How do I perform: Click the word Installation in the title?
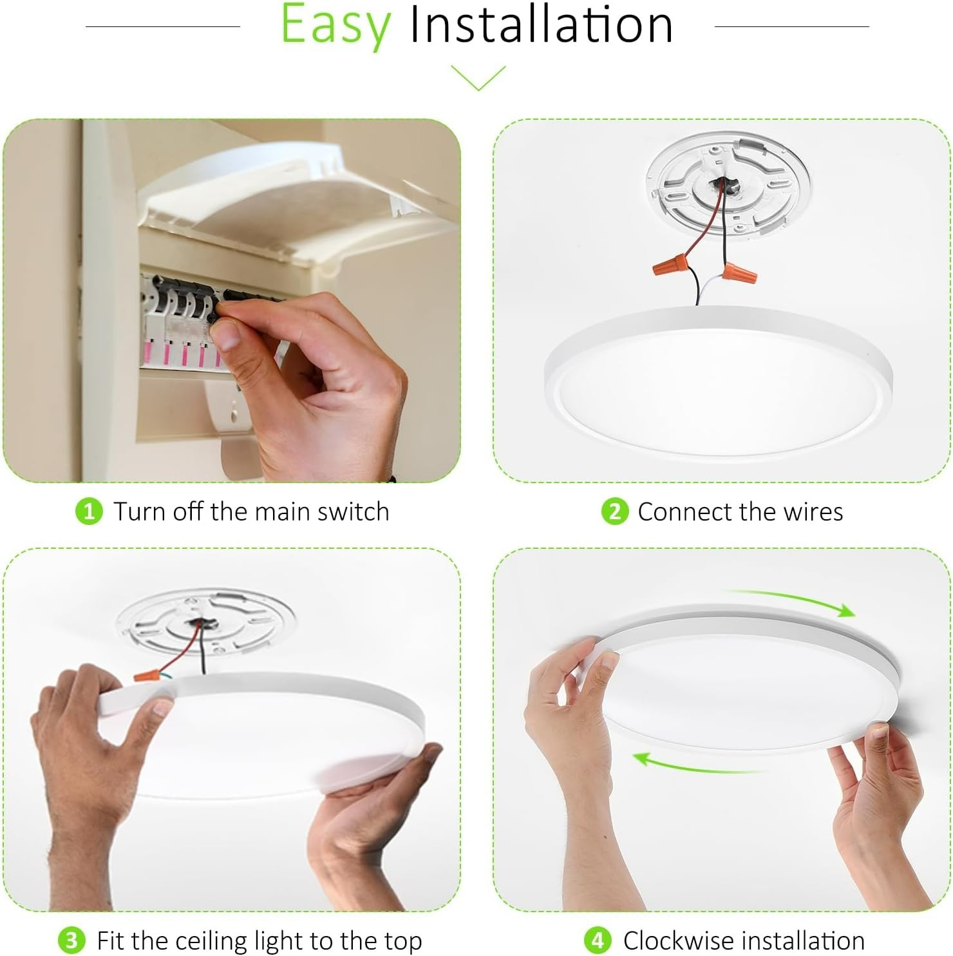[542, 24]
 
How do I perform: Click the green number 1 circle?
[89, 512]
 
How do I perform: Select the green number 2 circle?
[614, 512]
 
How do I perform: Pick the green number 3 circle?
[71, 941]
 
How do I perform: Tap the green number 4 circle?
[598, 941]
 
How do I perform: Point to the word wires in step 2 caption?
[813, 512]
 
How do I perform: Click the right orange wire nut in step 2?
[731, 273]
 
